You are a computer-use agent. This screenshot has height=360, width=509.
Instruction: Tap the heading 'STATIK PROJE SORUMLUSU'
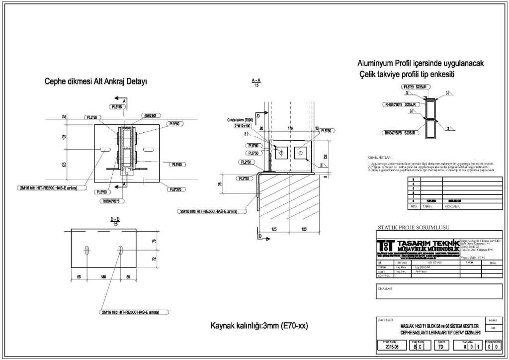coord(414,227)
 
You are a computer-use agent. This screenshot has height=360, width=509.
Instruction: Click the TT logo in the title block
coord(385,245)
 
